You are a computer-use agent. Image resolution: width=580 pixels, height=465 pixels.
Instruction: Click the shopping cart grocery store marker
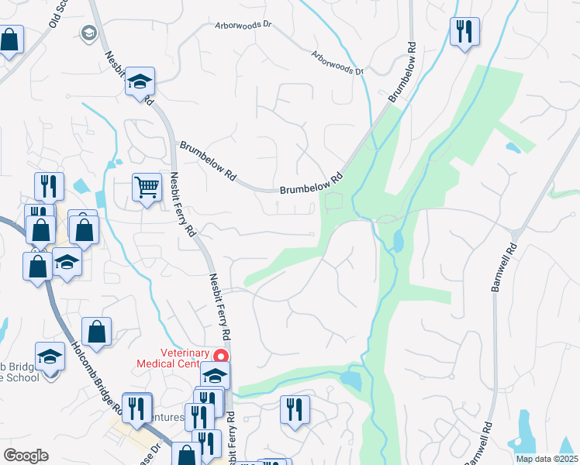[146, 187]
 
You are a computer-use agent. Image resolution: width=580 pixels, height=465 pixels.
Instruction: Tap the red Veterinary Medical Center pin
[220, 356]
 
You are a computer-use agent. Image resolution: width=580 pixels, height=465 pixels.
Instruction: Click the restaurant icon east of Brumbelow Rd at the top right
[464, 32]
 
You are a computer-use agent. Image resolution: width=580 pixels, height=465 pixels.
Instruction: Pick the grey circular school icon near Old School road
[88, 33]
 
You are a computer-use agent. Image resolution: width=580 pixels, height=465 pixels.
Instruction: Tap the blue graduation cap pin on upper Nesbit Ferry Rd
[140, 81]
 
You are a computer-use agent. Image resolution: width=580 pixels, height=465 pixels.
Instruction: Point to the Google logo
[26, 456]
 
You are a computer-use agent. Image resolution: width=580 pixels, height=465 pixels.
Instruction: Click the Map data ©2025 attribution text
[546, 459]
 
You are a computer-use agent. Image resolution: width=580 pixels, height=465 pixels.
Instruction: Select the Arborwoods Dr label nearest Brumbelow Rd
[337, 64]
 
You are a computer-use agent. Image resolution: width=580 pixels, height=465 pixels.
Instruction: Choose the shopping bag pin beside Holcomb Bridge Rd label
[96, 332]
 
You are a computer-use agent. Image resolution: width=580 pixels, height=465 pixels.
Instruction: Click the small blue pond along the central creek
[398, 242]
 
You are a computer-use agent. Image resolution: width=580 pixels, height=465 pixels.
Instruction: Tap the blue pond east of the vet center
[350, 380]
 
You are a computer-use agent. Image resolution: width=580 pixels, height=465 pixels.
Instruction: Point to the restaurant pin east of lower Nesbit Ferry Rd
[295, 408]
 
